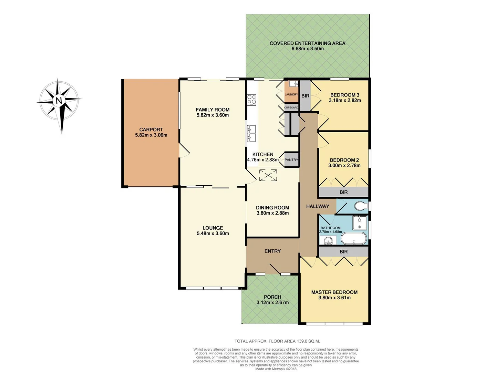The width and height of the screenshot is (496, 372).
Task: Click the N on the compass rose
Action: pos(59,101)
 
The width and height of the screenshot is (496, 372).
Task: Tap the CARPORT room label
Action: pos(151,130)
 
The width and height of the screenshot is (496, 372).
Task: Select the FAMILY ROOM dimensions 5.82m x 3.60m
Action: pos(213,115)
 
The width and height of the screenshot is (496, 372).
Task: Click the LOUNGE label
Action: pos(213,228)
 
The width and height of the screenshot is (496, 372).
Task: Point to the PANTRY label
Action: pos(291,160)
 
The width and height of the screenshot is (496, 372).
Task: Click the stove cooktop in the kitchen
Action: pos(251,100)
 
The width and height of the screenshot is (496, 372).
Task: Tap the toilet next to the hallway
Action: pos(360,206)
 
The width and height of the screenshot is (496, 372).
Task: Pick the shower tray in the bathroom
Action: pos(359,223)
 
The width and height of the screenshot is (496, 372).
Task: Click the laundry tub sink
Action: pos(293,84)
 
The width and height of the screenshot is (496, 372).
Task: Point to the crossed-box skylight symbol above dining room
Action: pos(268,175)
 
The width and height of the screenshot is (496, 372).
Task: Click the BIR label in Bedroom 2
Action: pos(343,192)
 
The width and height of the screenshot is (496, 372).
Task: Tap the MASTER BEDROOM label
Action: pos(334,292)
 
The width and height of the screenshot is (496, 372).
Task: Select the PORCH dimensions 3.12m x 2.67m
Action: pos(272,302)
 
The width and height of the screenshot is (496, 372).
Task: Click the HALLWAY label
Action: pos(318,206)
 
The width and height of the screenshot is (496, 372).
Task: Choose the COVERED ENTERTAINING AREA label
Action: pos(307,43)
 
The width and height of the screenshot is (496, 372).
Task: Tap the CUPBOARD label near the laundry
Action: pos(291,107)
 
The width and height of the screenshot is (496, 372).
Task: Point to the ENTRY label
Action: pos(272,251)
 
